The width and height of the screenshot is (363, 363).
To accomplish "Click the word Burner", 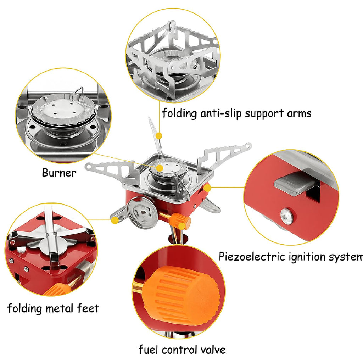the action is pos(59,173).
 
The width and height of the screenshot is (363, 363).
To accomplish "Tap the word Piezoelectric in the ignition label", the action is pos(252,257).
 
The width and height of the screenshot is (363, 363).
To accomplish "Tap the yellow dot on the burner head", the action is pos(160,168).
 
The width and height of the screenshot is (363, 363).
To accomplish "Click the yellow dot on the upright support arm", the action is pos(159,136).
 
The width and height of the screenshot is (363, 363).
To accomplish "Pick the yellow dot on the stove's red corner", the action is pos(208,188).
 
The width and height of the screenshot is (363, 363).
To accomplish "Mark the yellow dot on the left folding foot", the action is pos(115,220).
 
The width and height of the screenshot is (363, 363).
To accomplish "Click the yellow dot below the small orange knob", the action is pos(182,227).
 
